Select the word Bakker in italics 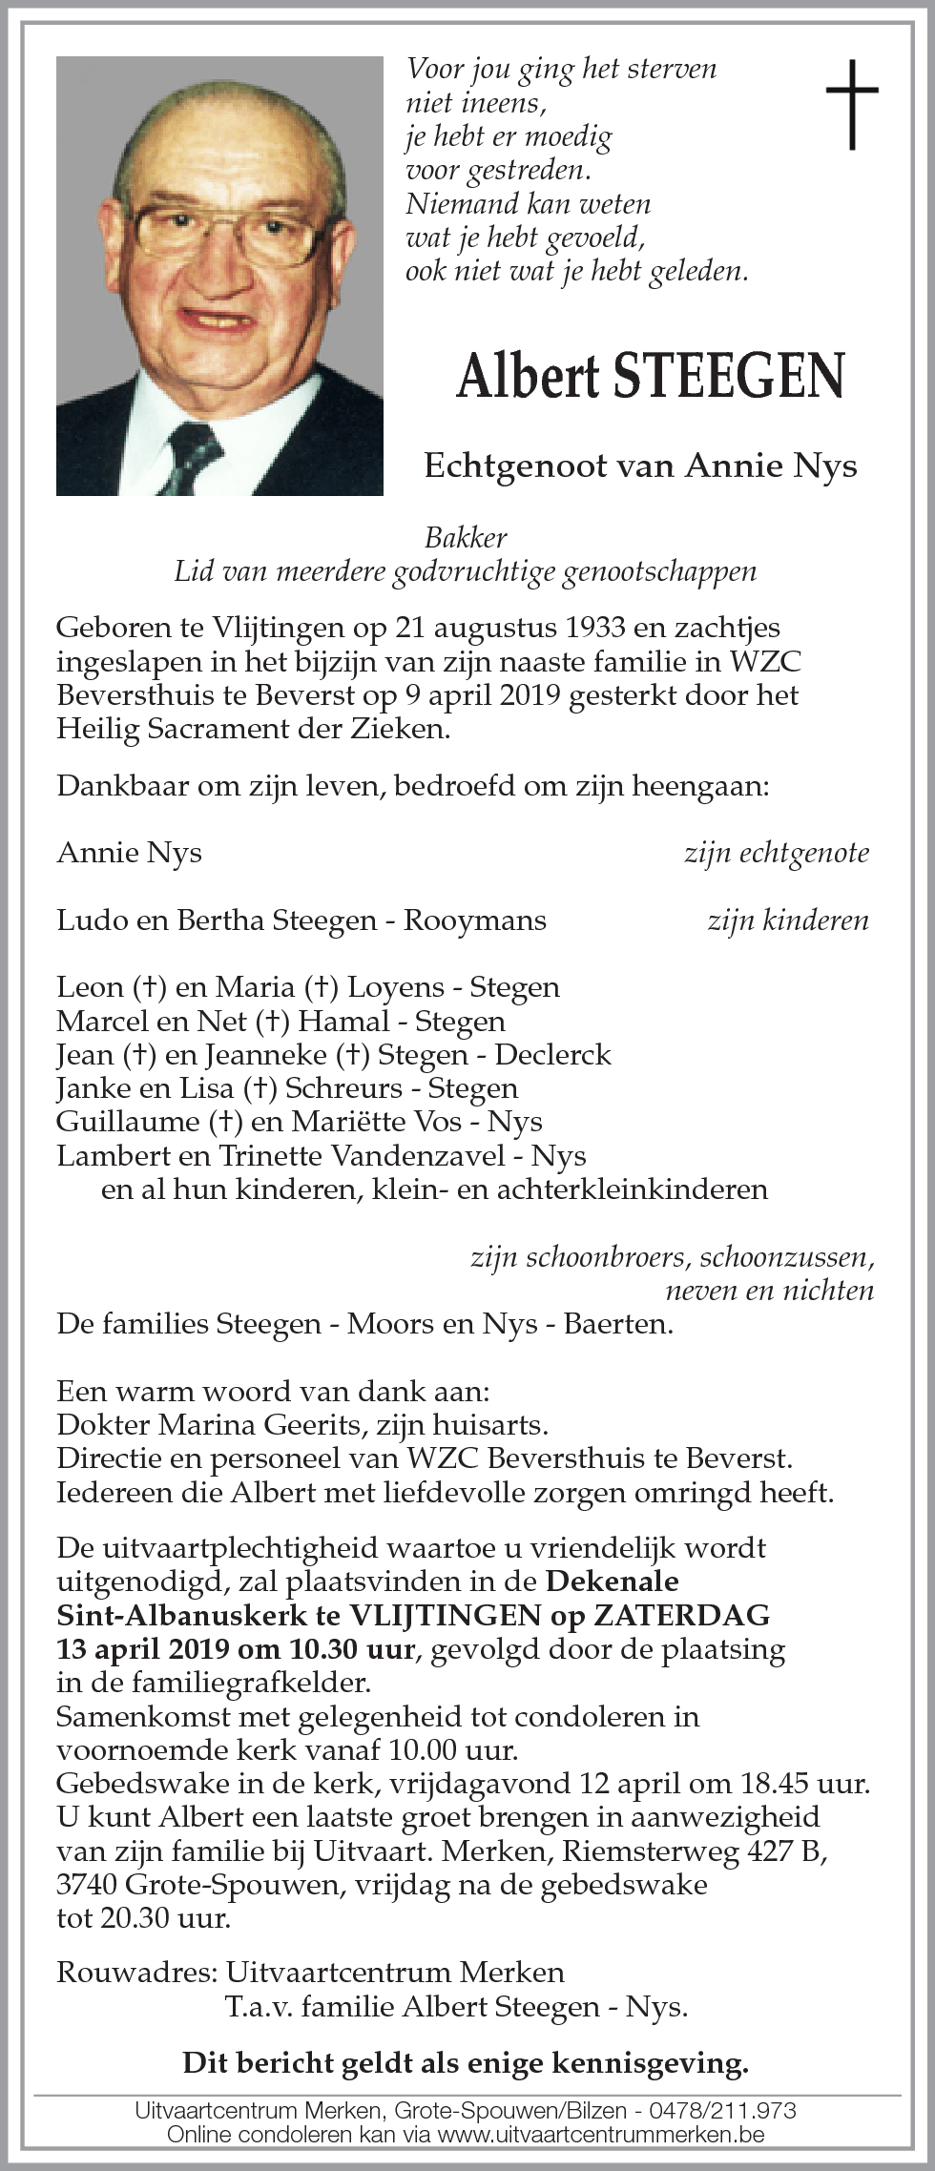(x=466, y=538)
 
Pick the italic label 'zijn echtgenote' (x=776, y=853)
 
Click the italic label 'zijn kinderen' (x=787, y=920)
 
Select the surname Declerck (x=553, y=1055)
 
